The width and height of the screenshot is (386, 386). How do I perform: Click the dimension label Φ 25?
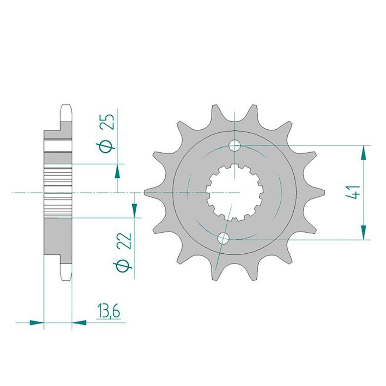[x=107, y=133]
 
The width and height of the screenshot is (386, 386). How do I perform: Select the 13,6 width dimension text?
[x=109, y=311]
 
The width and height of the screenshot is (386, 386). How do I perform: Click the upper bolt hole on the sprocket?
[x=234, y=146]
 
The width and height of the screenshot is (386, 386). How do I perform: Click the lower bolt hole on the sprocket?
[x=223, y=238]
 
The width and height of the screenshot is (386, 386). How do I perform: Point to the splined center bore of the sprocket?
[x=234, y=192]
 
